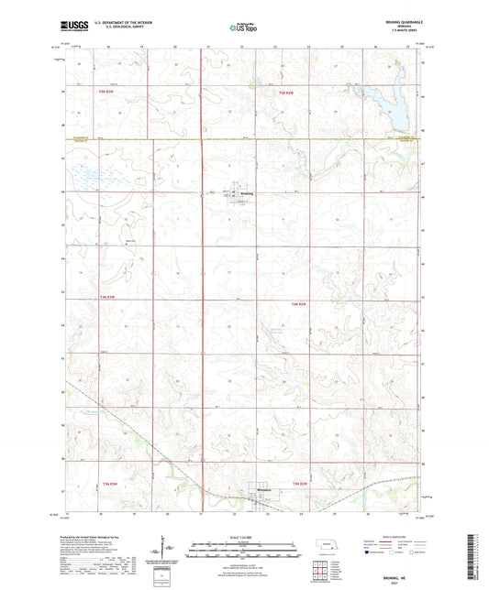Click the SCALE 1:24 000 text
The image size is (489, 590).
click(243, 538)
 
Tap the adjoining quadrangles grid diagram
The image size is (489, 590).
click(321, 574)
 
